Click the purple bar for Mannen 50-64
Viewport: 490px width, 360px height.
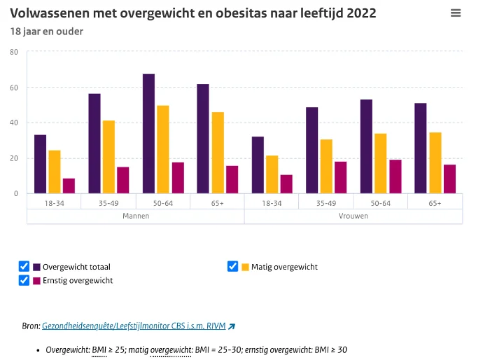click(148, 134)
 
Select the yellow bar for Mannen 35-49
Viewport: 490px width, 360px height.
click(108, 157)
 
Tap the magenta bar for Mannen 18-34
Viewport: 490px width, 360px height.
click(69, 186)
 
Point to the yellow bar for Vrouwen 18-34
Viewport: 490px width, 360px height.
click(272, 174)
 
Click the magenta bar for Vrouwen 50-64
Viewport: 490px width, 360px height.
click(395, 176)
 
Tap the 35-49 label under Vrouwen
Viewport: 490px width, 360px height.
click(326, 203)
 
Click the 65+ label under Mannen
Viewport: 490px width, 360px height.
click(217, 203)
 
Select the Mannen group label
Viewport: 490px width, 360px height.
click(136, 216)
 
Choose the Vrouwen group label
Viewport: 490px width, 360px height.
click(353, 216)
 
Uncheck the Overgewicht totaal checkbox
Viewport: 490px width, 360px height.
click(24, 266)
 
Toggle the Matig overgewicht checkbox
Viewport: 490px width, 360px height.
click(233, 266)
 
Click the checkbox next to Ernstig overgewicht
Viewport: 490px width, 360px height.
click(24, 280)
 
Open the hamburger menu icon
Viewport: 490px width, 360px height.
click(456, 13)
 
